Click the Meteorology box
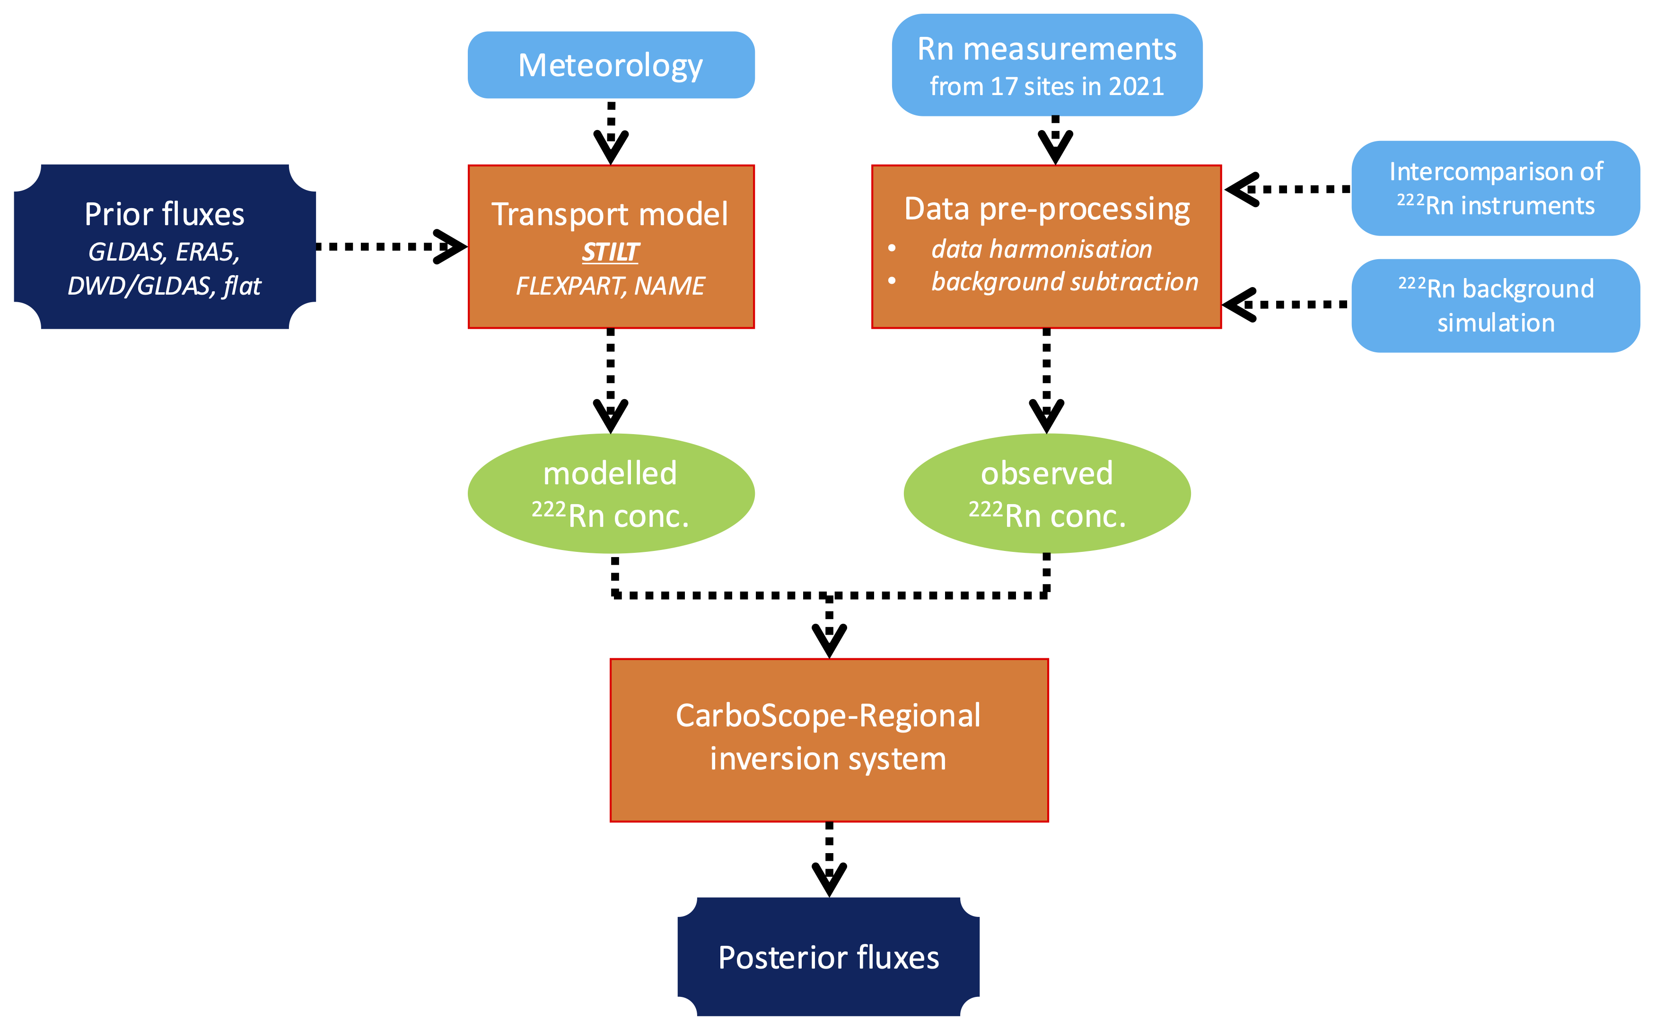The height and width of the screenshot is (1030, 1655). [x=611, y=65]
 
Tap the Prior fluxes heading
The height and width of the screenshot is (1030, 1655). [x=164, y=215]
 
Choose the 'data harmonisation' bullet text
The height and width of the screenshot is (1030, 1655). [x=1041, y=249]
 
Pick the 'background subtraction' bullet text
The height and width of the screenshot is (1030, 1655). [x=1064, y=282]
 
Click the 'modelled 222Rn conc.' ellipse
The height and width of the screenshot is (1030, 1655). [x=611, y=493]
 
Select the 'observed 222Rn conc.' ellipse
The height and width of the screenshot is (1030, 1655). [x=1047, y=493]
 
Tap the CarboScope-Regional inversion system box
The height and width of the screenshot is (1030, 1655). [x=829, y=740]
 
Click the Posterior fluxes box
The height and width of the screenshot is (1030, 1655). [x=829, y=957]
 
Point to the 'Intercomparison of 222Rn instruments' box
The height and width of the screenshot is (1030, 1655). [x=1496, y=188]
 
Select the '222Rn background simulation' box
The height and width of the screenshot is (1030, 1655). [x=1496, y=305]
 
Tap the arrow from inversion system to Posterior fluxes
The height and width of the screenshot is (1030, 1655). [x=829, y=858]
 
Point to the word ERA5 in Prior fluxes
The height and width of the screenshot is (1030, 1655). [x=207, y=253]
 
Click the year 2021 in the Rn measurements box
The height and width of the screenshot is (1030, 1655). [x=1136, y=87]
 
